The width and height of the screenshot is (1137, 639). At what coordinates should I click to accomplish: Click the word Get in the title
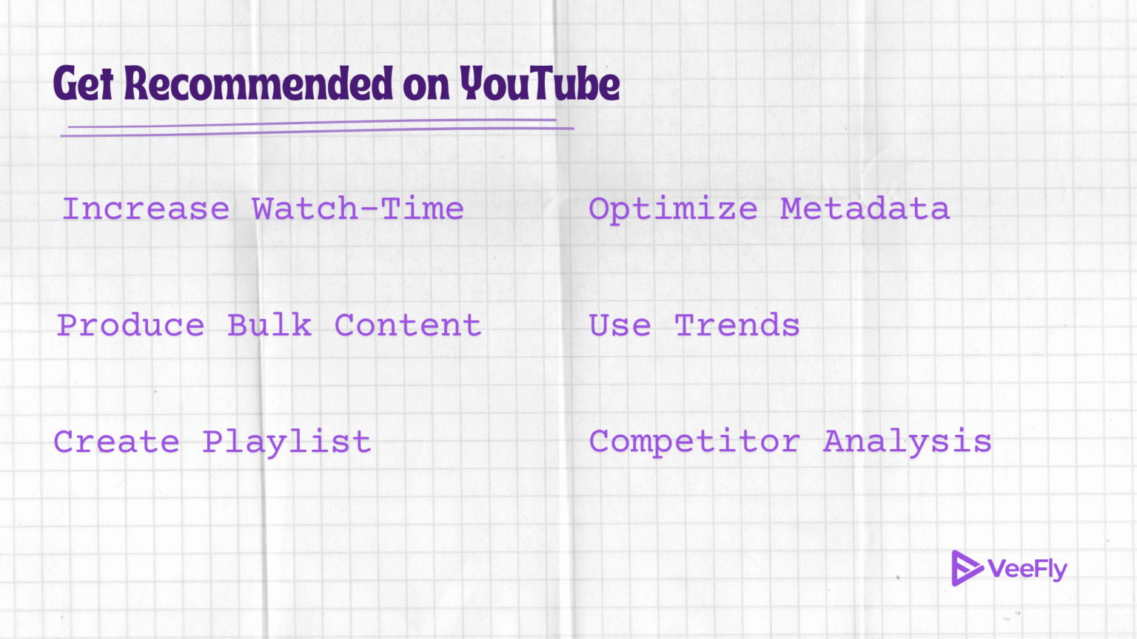point(83,84)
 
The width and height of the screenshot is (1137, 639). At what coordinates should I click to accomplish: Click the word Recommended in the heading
point(258,84)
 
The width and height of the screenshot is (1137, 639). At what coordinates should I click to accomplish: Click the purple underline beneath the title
point(318,129)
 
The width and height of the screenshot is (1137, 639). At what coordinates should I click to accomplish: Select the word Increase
point(146,209)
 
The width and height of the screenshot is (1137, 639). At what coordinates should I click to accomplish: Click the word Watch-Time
point(358,209)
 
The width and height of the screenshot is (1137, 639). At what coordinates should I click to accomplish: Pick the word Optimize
point(673,210)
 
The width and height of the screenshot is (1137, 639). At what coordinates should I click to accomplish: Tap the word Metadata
point(865,209)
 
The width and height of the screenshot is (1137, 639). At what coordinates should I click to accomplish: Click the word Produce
point(131,325)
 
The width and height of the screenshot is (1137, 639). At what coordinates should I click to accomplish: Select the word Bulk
point(269,325)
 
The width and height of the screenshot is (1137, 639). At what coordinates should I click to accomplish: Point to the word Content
point(408,325)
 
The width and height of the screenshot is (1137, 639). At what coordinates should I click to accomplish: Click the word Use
point(620,325)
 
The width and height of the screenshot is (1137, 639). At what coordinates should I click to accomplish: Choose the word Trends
point(737,325)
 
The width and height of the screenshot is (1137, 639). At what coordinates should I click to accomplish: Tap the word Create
point(117,442)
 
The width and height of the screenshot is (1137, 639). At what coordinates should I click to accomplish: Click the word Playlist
point(286,443)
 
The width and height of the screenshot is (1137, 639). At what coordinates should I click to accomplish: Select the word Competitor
point(694,442)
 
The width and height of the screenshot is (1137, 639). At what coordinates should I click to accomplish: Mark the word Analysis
point(908,442)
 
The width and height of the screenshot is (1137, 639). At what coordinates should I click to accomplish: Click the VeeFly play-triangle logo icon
point(965,568)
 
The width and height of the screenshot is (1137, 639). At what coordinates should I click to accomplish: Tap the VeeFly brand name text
point(1027,569)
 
